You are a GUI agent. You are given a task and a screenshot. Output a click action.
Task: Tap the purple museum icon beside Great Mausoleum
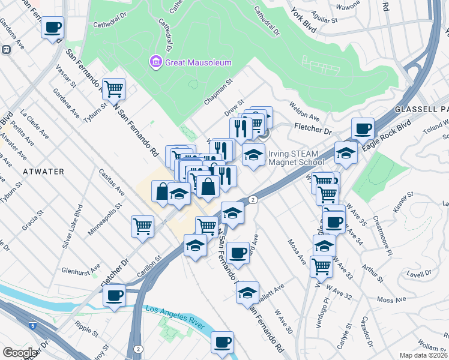point(155,61)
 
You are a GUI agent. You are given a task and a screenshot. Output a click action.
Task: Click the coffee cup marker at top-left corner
point(53,28)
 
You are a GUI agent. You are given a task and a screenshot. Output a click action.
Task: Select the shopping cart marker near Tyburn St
point(113,89)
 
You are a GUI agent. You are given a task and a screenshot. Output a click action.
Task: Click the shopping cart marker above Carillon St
point(143,226)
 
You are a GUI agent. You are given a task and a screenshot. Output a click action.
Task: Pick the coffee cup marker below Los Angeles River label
point(222,342)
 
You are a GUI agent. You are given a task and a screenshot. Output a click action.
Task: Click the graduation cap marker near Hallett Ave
point(247,292)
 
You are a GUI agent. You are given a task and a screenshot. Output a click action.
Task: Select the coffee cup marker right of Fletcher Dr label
point(363,128)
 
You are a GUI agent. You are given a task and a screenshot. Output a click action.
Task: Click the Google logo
point(20,353)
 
